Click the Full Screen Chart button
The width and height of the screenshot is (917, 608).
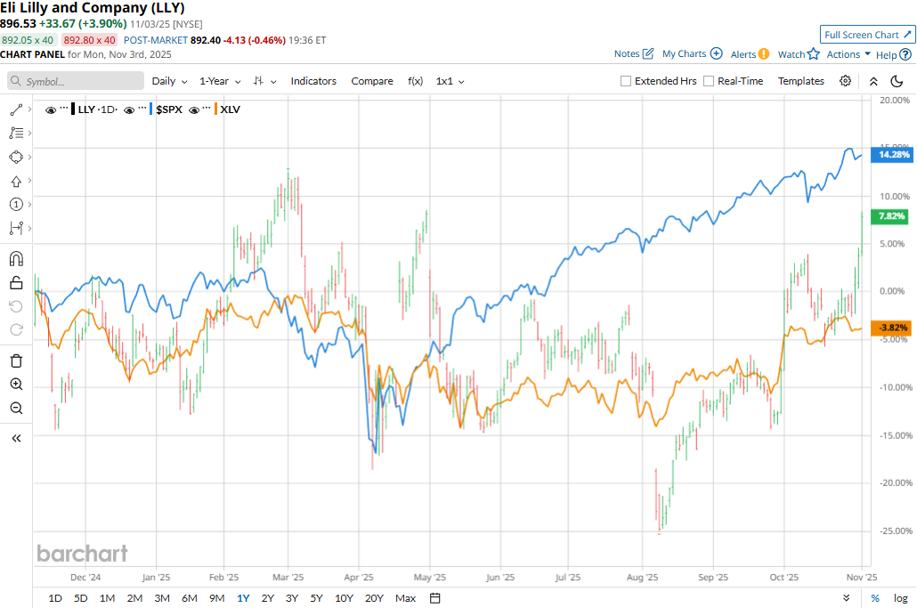pyautogui.click(x=866, y=35)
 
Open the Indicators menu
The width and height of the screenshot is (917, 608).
pyautogui.click(x=313, y=81)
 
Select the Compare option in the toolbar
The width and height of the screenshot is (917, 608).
pyautogui.click(x=372, y=81)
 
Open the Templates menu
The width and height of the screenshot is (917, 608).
pyautogui.click(x=801, y=81)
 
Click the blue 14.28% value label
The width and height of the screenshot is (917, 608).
pyautogui.click(x=893, y=155)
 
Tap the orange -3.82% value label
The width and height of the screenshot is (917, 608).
pyautogui.click(x=893, y=328)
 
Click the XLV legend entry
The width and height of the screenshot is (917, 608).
pyautogui.click(x=230, y=109)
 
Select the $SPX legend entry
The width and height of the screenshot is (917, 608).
pyautogui.click(x=168, y=109)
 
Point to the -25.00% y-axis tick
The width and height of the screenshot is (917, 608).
pyautogui.click(x=893, y=531)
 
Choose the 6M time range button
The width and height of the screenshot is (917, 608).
pyautogui.click(x=189, y=598)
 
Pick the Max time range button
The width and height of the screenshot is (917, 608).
pyautogui.click(x=405, y=598)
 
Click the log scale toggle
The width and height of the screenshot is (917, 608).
pyautogui.click(x=900, y=598)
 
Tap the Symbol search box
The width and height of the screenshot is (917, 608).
pyautogui.click(x=77, y=81)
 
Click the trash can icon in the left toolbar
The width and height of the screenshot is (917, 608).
pyautogui.click(x=16, y=361)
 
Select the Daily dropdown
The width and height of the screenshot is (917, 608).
pyautogui.click(x=169, y=81)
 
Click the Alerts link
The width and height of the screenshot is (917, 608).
pyautogui.click(x=750, y=54)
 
